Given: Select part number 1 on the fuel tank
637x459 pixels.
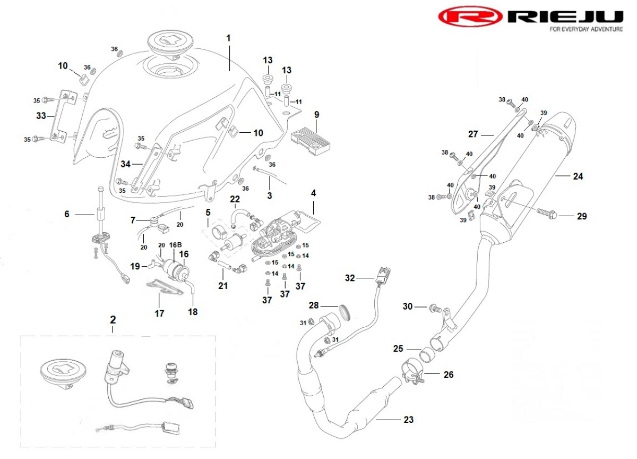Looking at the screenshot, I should [229, 38].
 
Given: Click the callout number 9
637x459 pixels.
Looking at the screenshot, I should [316, 114].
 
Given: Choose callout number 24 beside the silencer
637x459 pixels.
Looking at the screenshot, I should [578, 176].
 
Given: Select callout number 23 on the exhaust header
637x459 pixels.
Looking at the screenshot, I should [408, 420].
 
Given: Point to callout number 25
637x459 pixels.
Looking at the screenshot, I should [399, 349].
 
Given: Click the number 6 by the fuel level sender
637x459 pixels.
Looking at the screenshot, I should [67, 214].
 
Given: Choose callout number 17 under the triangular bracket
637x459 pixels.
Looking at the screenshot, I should [159, 313].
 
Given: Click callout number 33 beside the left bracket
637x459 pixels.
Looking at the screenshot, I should [41, 115].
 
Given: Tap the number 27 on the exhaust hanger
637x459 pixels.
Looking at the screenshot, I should [474, 134].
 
